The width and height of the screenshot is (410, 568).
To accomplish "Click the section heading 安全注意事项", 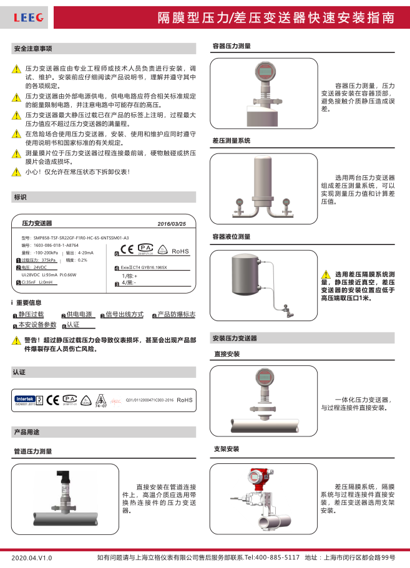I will click(x=33, y=49).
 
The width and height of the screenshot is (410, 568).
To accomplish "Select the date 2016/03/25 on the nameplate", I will click(x=172, y=223).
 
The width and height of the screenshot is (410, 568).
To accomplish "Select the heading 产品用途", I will click(x=26, y=431).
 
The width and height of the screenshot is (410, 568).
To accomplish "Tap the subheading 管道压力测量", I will click(x=33, y=451).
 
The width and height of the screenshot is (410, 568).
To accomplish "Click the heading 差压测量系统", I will click(x=232, y=141).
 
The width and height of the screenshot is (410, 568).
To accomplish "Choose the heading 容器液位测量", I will click(x=232, y=237).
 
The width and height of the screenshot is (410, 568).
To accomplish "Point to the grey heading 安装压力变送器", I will click(x=235, y=338).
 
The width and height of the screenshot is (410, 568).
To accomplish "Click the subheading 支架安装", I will click(x=226, y=448).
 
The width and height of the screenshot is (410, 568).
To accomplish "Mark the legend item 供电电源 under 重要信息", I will click(x=79, y=314).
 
